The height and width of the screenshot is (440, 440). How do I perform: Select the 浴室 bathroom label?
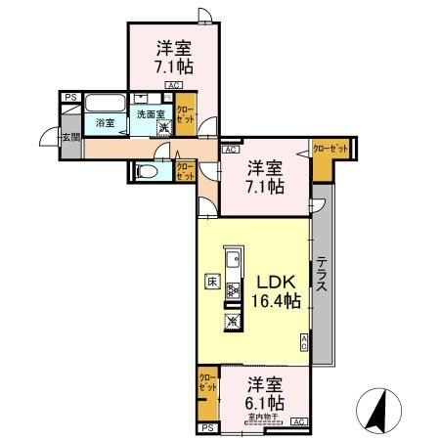click(104, 123)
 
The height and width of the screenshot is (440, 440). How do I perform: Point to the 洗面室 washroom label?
click(150, 113)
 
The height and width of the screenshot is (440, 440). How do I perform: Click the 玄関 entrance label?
click(70, 136)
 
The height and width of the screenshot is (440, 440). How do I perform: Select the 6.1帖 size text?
click(264, 401)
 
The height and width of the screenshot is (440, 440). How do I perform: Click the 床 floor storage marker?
click(211, 281)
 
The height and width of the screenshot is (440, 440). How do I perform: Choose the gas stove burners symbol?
click(233, 290)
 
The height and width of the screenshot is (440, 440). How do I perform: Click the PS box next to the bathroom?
click(70, 98)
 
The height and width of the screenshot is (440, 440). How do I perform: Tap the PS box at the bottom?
click(206, 427)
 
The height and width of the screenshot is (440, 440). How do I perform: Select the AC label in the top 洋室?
click(172, 86)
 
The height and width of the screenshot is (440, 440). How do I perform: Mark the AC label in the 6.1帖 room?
click(298, 421)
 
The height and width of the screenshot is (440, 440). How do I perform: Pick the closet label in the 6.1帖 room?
click(207, 382)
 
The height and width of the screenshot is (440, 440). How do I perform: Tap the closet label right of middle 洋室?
click(330, 149)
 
